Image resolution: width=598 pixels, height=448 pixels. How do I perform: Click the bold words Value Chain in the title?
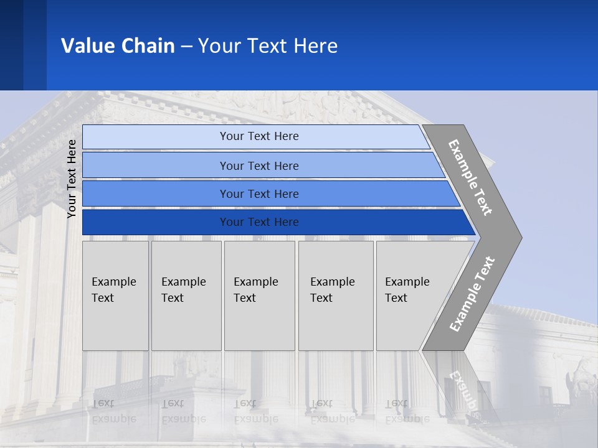(118, 46)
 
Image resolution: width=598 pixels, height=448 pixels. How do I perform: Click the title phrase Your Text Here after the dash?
(268, 46)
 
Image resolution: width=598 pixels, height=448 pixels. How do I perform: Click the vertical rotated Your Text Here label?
(72, 179)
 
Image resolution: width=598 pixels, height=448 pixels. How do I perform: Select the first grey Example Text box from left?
(115, 296)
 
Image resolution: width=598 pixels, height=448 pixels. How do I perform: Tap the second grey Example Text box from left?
(186, 296)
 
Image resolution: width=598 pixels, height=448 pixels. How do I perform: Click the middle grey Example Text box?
(259, 296)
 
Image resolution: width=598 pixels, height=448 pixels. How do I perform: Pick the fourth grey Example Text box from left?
(336, 296)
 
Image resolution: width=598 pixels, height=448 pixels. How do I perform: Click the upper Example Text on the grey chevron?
(470, 177)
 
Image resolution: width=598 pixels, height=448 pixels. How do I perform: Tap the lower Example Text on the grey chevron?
(472, 294)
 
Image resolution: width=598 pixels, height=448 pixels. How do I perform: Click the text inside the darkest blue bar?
(259, 222)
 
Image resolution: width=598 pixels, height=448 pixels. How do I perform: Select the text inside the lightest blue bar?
(259, 136)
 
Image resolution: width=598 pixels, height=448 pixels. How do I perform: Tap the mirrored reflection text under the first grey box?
(113, 411)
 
